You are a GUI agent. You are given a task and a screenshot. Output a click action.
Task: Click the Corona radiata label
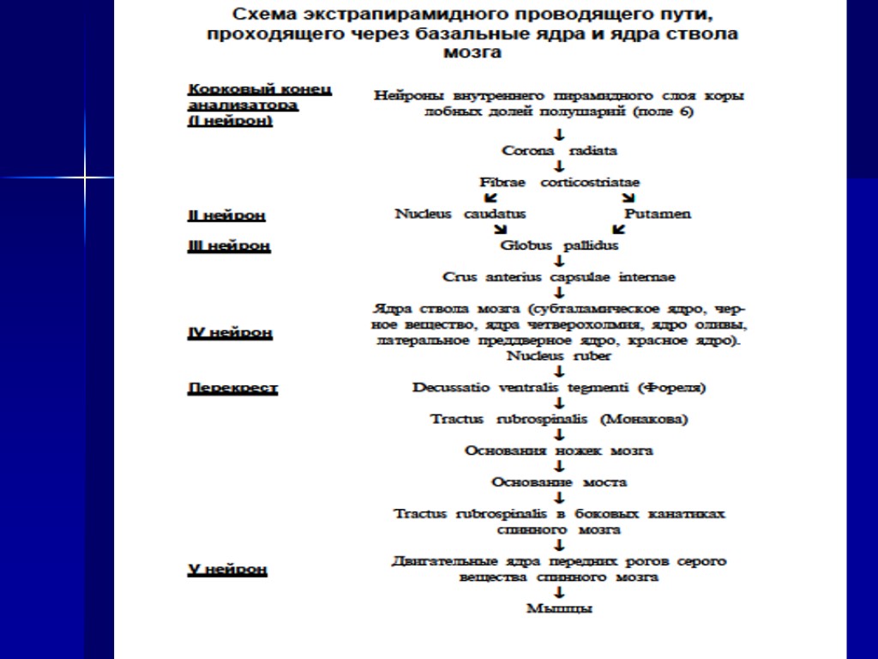pos(559,151)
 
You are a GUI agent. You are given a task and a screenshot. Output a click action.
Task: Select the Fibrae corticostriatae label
pos(559,183)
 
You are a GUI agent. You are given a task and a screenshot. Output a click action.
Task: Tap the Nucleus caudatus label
pos(460,214)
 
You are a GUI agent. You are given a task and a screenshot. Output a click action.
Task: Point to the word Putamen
pos(657,214)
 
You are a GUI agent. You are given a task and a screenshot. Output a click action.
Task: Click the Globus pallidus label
pos(559,245)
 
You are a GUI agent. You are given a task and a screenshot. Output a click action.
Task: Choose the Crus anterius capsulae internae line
pos(559,277)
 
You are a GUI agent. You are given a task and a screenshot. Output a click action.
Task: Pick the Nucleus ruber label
pos(559,356)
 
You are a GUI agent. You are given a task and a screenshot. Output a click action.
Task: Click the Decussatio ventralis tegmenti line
pos(559,387)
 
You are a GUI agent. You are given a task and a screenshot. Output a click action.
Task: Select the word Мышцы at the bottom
pos(559,609)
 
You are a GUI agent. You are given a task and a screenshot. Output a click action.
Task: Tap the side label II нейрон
pos(226,215)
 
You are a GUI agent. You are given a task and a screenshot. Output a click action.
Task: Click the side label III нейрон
pos(229,246)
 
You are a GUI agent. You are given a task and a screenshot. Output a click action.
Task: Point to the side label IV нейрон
pos(230,333)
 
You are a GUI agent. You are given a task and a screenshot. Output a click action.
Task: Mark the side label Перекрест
pos(232,388)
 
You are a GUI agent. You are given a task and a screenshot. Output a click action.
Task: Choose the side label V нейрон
pos(227,569)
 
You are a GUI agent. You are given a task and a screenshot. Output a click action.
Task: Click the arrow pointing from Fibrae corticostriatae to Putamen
pos(628,198)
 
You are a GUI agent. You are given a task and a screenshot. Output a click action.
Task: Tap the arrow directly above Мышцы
pos(559,593)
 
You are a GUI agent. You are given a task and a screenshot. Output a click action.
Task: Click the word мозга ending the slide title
pos(472,52)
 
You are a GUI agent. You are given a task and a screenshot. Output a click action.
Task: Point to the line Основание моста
pos(559,482)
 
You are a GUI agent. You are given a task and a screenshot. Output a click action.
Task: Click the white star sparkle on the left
pos(86,178)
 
